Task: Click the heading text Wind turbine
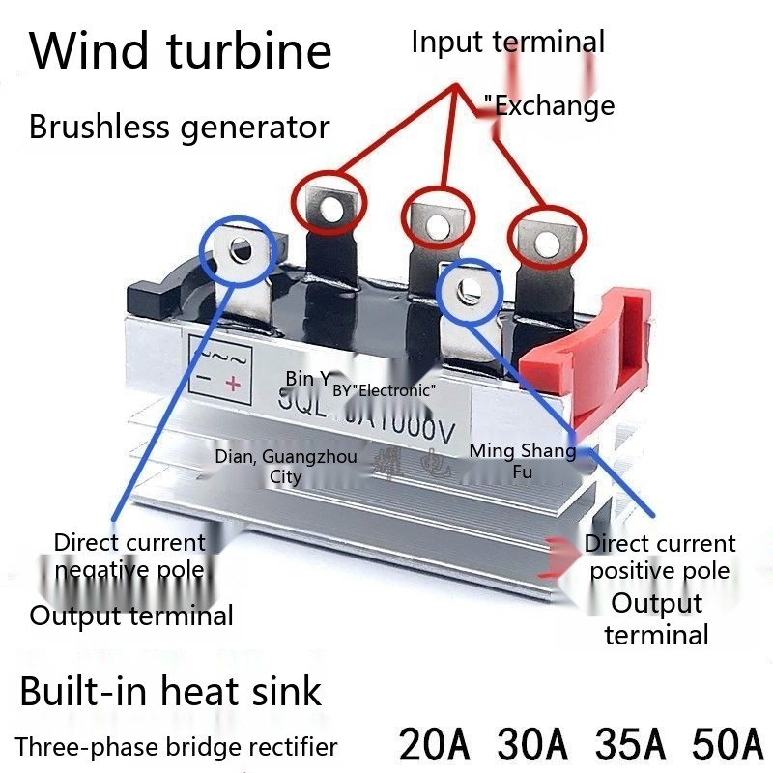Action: coord(181,51)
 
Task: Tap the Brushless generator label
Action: coord(179,127)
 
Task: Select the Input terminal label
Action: coord(507,43)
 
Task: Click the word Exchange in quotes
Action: coord(555,105)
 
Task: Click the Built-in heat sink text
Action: coord(170,692)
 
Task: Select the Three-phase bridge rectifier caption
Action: coord(177,747)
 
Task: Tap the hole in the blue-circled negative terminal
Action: coord(239,250)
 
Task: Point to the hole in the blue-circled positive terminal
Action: coord(470,287)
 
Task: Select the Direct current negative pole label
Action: coord(129,556)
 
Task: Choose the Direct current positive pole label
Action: coord(660,557)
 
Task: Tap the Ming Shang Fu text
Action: coord(522,460)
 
